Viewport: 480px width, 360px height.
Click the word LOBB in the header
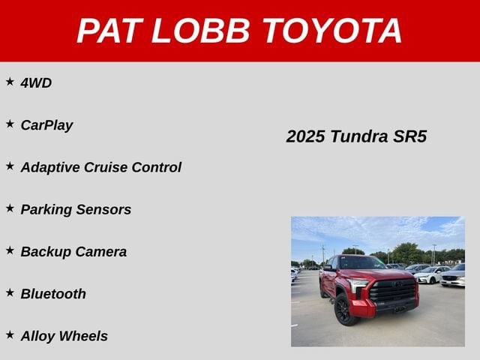click(x=201, y=31)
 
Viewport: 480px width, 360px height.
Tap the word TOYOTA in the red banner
click(x=332, y=31)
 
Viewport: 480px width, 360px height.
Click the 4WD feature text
click(x=36, y=83)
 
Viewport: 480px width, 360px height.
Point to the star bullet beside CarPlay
click(x=10, y=124)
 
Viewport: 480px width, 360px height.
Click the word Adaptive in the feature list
click(x=50, y=167)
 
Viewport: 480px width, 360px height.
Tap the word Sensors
click(x=103, y=210)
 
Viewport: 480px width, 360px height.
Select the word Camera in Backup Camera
click(x=101, y=252)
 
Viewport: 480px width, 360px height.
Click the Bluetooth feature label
click(x=53, y=294)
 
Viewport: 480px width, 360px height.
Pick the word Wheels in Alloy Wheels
click(x=83, y=336)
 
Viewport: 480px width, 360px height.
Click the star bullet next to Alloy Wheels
click(x=10, y=335)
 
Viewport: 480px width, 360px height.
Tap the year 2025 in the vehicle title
click(x=305, y=136)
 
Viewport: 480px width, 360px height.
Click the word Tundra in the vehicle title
click(x=359, y=136)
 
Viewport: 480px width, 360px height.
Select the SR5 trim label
click(x=410, y=136)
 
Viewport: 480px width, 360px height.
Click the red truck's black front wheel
click(x=345, y=310)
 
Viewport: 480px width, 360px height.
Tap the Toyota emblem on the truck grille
click(x=397, y=284)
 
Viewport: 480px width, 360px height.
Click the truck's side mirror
click(x=328, y=268)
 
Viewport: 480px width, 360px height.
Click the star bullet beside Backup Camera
click(x=10, y=250)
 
